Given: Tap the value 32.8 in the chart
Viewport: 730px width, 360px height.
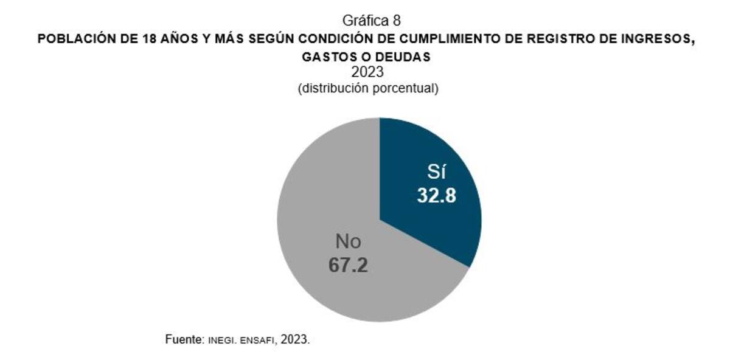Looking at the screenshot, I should (x=437, y=196).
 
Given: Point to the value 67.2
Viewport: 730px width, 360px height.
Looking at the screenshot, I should (x=349, y=266).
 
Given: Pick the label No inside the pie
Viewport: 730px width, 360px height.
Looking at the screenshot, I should (x=348, y=242).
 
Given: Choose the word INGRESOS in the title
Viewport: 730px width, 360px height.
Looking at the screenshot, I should (x=654, y=40).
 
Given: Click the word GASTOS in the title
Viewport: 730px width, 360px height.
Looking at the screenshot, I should (x=324, y=57).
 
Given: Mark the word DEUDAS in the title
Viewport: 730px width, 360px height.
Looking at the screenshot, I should (x=406, y=57).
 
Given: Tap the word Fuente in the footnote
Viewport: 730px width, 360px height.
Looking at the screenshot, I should (x=184, y=339).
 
